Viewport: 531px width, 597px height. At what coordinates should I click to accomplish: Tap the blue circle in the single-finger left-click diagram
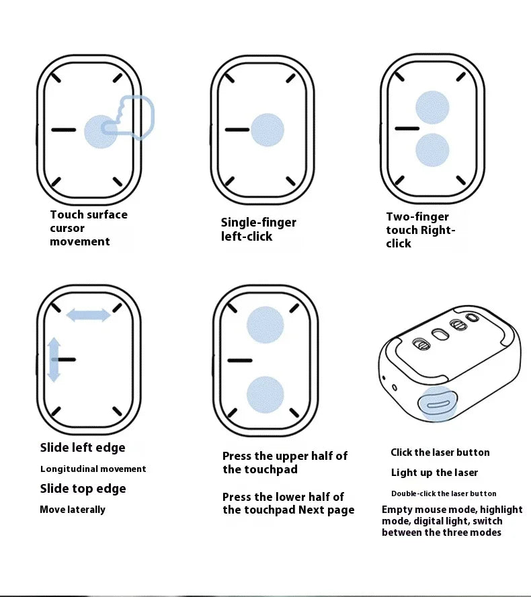coord(268,130)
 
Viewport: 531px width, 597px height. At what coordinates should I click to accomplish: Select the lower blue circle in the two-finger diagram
coord(432,150)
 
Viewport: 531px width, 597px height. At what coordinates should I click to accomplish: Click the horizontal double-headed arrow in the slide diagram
coord(88,315)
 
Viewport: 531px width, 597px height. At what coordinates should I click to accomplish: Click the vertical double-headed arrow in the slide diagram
coord(54,360)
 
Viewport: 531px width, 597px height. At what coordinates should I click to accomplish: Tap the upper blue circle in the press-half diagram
coord(265,325)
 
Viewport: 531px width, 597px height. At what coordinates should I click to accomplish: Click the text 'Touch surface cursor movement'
coord(88,228)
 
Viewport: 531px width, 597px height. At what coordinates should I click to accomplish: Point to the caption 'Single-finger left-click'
coord(258,229)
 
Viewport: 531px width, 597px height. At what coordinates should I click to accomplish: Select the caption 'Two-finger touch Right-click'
coord(421,230)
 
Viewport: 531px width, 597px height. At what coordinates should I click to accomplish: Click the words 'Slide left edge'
coord(83,448)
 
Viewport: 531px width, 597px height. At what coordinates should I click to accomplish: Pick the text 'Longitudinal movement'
coord(93,469)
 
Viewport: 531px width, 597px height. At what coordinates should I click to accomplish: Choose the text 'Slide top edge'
coord(83,489)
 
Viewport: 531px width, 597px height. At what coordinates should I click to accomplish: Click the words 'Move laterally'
coord(73,510)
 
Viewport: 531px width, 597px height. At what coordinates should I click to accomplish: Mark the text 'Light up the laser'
coord(434,473)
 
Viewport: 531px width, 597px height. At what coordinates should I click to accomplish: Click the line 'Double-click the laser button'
coord(444,493)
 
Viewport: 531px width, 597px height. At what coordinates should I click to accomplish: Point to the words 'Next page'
coord(326,510)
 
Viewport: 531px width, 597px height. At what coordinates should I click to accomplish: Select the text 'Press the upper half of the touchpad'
coord(285,463)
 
